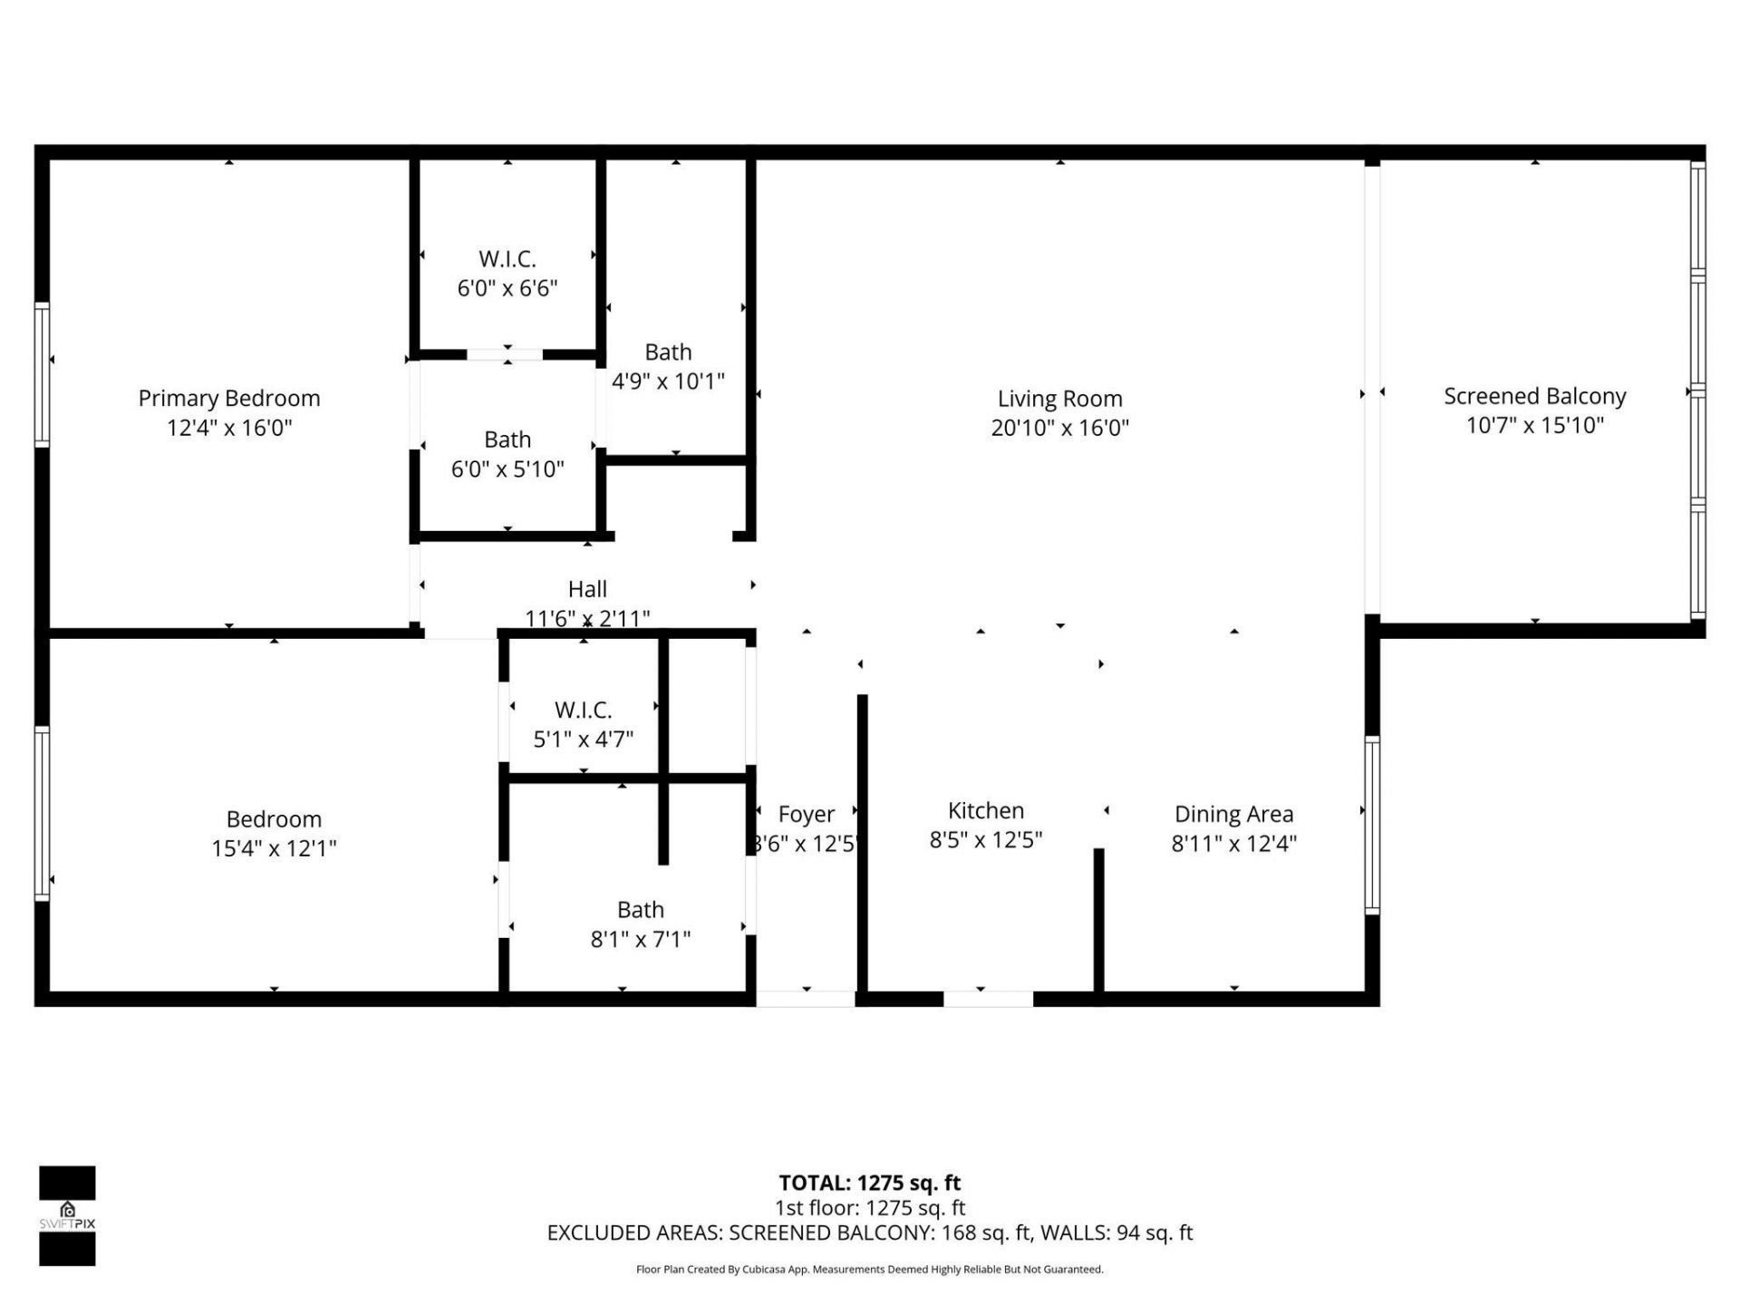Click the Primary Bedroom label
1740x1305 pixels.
229,398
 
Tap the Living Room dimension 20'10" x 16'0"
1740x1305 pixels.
1059,428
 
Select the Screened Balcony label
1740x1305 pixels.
1534,396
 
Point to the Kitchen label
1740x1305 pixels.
986,810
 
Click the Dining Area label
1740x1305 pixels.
1233,814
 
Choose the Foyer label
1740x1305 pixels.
806,814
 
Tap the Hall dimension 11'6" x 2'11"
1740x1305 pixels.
587,618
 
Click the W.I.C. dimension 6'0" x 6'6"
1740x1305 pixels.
507,288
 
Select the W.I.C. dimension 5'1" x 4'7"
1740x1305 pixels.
583,739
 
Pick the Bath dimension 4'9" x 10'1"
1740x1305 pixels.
668,381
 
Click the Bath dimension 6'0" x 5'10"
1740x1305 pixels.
507,469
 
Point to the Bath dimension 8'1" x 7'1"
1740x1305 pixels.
641,939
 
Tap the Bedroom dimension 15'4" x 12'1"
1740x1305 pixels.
274,848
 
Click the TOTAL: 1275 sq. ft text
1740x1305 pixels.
869,1183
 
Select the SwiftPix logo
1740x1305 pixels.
67,1215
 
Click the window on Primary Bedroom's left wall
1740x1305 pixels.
42,374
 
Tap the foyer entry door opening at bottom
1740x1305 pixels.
806,999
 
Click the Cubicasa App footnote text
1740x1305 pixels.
869,1270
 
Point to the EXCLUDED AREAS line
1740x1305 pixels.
869,1232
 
